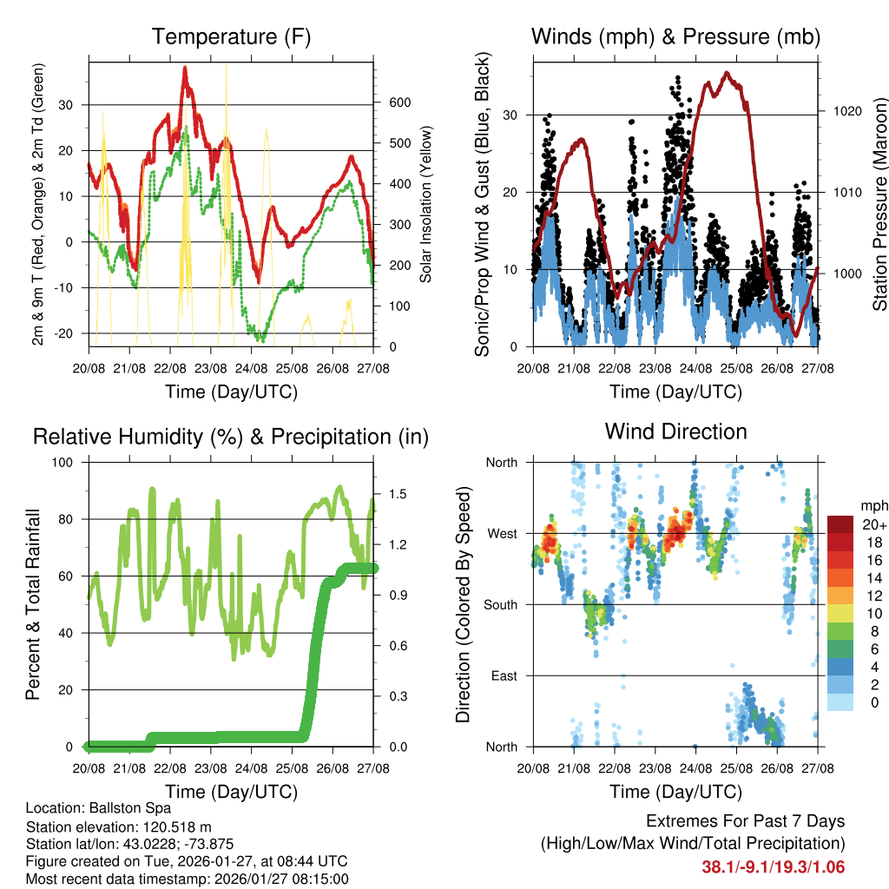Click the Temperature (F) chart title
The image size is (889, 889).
[x=231, y=36]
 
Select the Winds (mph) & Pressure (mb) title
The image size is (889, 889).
[x=675, y=36]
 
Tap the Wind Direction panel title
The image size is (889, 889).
[x=675, y=431]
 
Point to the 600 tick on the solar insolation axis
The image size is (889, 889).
[x=399, y=102]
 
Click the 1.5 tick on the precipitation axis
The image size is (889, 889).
[x=398, y=494]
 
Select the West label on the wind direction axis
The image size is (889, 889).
[x=501, y=533]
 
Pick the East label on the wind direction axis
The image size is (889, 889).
[x=504, y=675]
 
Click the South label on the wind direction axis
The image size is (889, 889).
[x=500, y=604]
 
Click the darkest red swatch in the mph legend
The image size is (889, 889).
[x=840, y=524]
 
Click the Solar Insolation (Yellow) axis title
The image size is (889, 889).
[x=426, y=205]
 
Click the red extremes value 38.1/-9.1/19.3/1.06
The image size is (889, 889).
[x=773, y=866]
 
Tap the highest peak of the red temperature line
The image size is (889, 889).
[x=185, y=68]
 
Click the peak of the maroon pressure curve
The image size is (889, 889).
[x=727, y=73]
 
